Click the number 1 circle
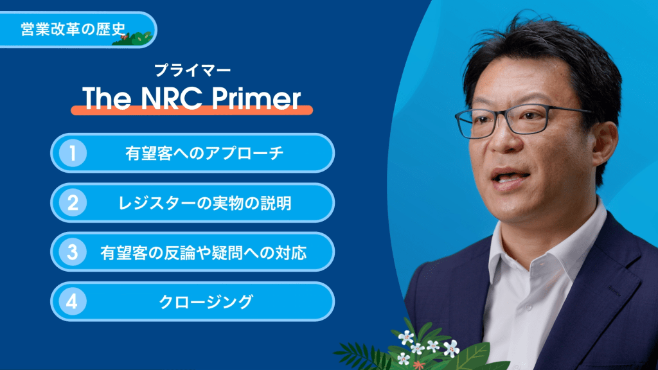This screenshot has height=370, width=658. [73, 153]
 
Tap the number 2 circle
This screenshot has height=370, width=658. [73, 202]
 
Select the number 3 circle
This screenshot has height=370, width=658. [73, 252]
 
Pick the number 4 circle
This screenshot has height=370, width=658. [73, 301]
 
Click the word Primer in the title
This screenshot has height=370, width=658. [256, 98]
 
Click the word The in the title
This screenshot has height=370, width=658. [107, 98]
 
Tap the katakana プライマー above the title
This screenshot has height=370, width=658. [192, 70]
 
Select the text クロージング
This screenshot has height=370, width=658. [206, 302]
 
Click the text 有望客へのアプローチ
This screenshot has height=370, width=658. [204, 154]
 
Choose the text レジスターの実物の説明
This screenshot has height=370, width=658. [205, 203]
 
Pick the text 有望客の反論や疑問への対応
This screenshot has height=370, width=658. [204, 252]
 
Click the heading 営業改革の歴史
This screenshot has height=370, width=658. [73, 29]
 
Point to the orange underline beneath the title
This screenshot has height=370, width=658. [191, 110]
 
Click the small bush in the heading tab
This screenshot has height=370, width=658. [135, 39]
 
